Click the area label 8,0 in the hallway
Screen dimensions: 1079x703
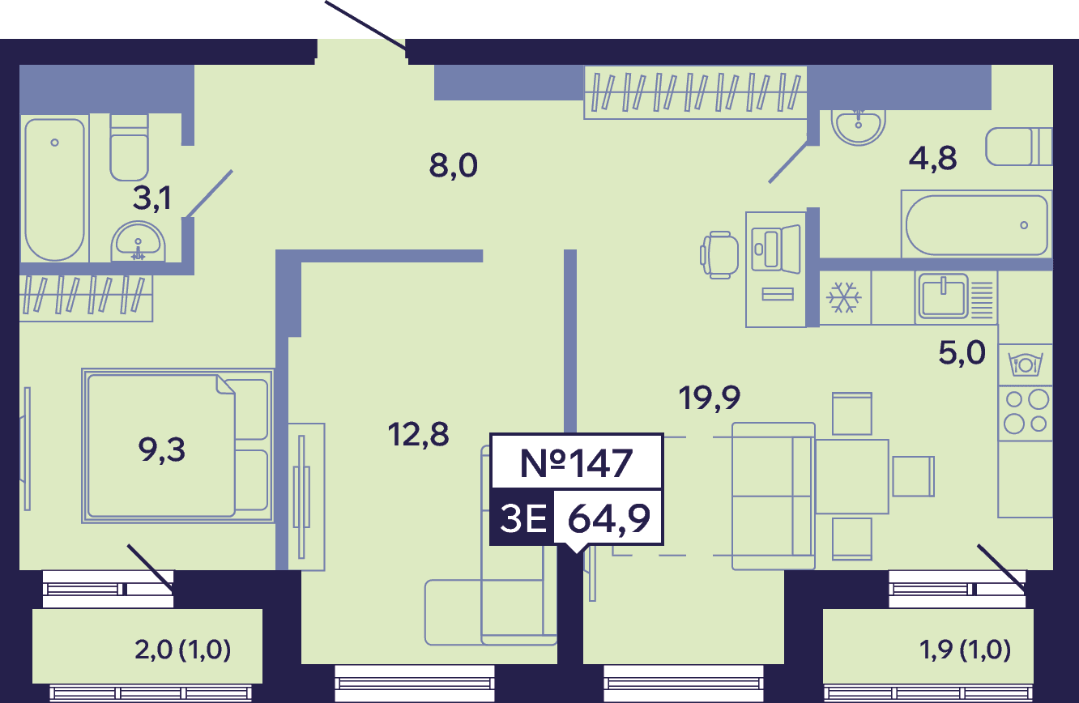454,166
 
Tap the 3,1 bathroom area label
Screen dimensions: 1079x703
151,198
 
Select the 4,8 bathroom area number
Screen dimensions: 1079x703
932,159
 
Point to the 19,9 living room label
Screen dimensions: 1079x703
709,398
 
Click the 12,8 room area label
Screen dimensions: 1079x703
418,435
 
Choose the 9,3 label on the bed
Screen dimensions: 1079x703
162,450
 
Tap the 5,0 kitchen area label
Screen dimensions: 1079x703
962,353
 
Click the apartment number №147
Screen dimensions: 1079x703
576,463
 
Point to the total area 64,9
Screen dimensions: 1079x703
609,518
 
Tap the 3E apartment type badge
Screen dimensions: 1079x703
523,518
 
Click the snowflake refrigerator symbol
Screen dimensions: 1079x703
844,297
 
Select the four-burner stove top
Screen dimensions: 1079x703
1026,413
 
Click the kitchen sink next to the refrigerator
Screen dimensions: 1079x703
943,296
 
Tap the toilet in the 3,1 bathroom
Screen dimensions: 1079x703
129,147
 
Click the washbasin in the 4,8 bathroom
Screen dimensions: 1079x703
859,127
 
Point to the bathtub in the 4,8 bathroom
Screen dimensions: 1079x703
977,225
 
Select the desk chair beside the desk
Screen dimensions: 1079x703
719,255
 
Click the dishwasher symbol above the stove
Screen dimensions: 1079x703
1026,364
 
